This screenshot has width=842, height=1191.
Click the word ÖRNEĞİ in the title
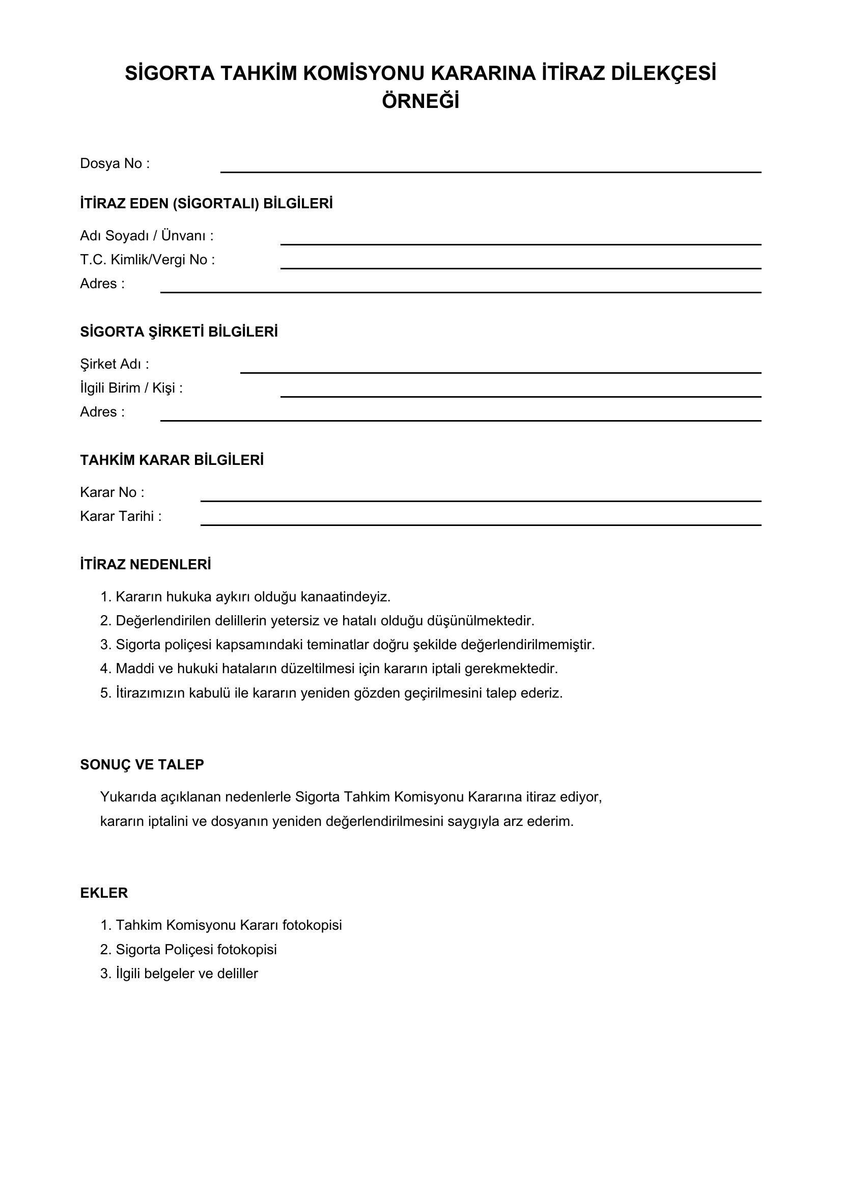(x=420, y=102)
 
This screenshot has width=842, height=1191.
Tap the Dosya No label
(x=115, y=164)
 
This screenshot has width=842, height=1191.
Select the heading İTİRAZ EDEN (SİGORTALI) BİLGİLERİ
(x=206, y=203)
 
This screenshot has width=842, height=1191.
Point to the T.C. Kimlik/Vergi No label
(x=147, y=260)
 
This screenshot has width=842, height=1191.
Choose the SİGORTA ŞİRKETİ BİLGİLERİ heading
(x=179, y=332)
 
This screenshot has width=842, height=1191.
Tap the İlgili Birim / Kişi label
(x=131, y=388)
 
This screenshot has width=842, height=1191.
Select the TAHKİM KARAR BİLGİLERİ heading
(x=172, y=460)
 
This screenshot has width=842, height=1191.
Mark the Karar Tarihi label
(x=121, y=517)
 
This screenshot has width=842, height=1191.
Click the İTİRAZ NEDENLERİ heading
(x=146, y=564)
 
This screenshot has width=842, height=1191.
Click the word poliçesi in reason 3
(x=187, y=645)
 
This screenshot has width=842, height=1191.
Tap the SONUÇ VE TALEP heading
(x=142, y=765)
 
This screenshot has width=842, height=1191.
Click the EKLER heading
(x=104, y=893)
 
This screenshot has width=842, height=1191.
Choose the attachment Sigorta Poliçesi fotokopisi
(x=196, y=950)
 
